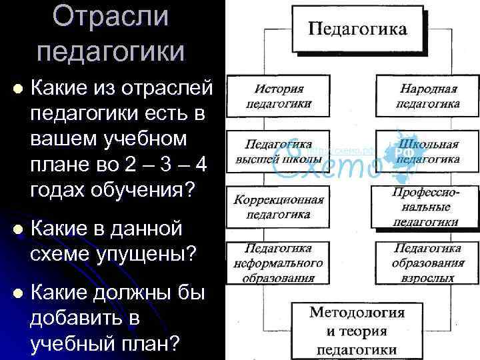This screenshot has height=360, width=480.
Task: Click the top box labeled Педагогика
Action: click(357, 30)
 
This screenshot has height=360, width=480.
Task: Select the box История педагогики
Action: click(279, 96)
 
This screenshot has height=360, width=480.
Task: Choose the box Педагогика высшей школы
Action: click(279, 151)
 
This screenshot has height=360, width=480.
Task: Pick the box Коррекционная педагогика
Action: click(279, 207)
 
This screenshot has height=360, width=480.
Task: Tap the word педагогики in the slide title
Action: click(111, 51)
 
